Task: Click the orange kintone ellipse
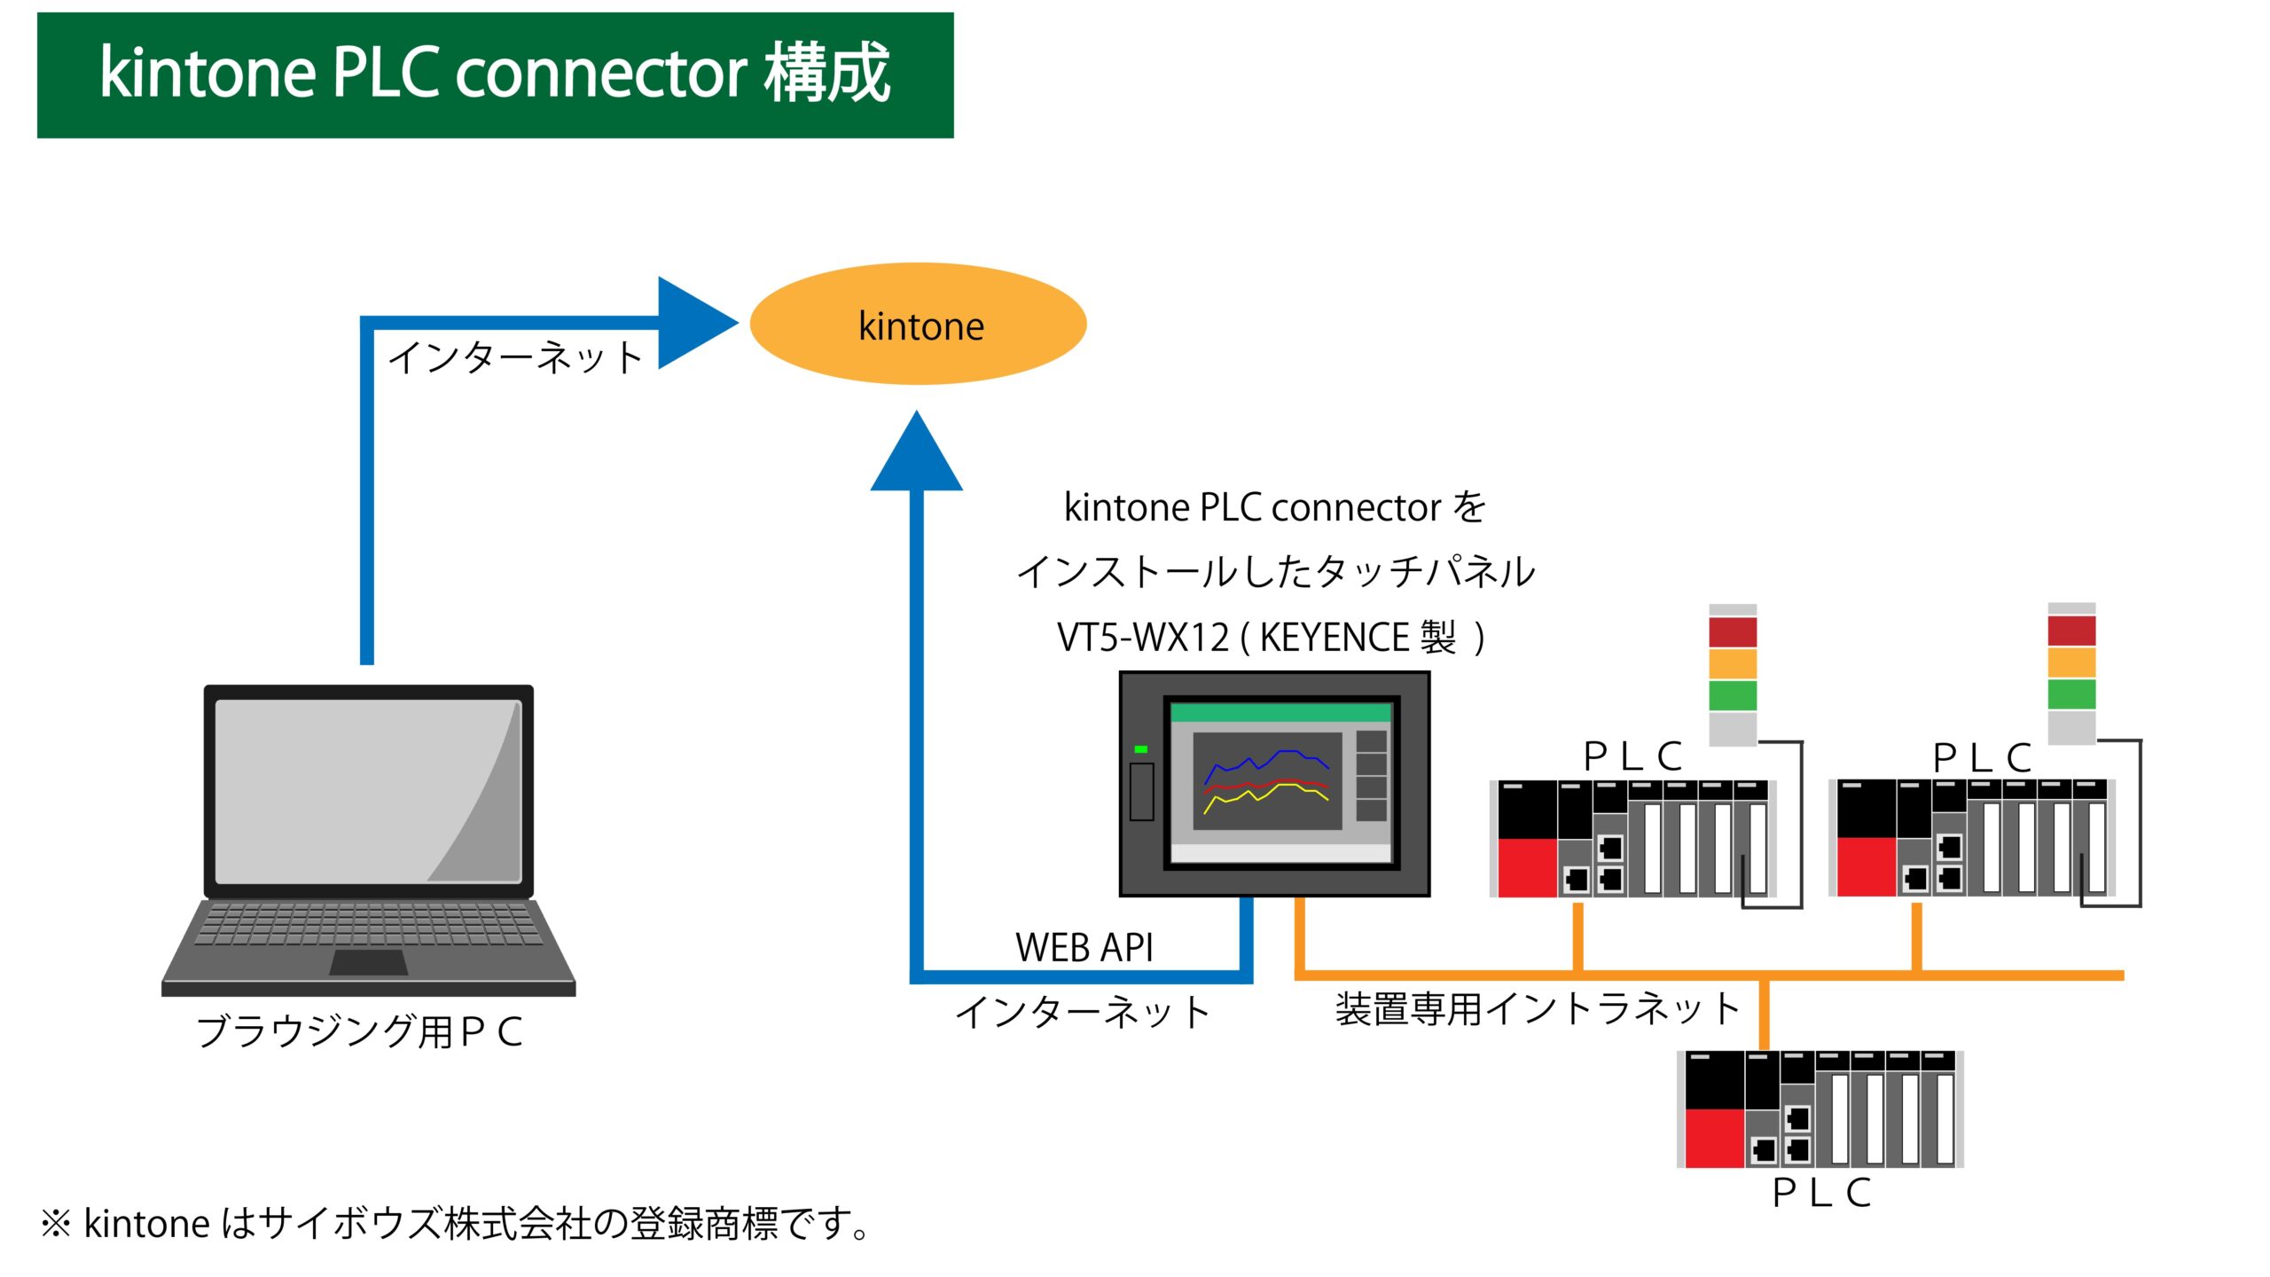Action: [x=918, y=324]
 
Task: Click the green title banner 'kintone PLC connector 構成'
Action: [x=495, y=74]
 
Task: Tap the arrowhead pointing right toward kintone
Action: [x=692, y=323]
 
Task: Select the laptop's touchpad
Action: [x=368, y=962]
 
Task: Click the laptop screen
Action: [x=368, y=791]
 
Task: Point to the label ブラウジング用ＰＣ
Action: [x=359, y=1031]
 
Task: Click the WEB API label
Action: [x=1084, y=947]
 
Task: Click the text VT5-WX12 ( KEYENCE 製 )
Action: [x=1270, y=637]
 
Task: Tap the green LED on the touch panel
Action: [x=1141, y=749]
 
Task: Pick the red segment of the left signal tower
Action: [x=1732, y=632]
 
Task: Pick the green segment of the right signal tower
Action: [x=2071, y=693]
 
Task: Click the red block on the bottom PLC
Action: [x=1714, y=1138]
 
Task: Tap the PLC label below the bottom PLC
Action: [x=1820, y=1193]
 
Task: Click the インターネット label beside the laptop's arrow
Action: [x=515, y=357]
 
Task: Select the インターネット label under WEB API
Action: [x=1083, y=1012]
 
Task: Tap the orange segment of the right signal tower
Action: [x=2071, y=662]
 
